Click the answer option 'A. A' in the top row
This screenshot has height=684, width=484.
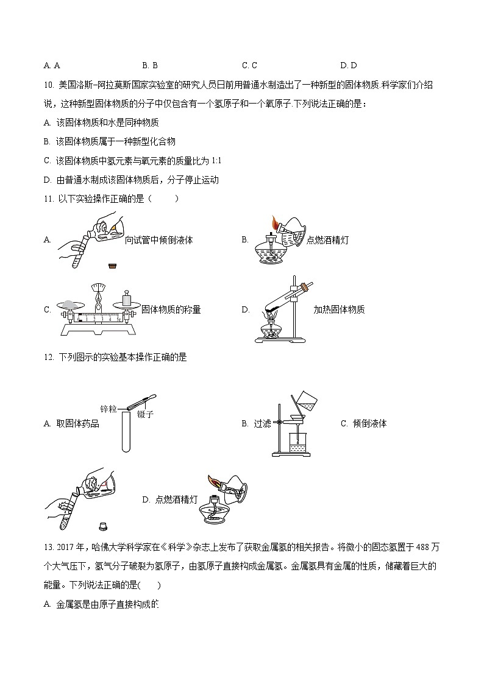point(52,65)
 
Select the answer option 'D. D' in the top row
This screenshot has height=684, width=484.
point(349,65)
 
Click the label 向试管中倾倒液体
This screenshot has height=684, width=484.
point(158,240)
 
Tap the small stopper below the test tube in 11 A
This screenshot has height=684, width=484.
point(112,265)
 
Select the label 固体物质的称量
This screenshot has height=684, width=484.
point(171,309)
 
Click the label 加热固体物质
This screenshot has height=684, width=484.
point(339,309)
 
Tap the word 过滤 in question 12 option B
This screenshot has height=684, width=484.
point(262,423)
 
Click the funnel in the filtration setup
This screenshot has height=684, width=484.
point(299,419)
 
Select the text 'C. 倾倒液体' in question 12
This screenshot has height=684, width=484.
point(363,423)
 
